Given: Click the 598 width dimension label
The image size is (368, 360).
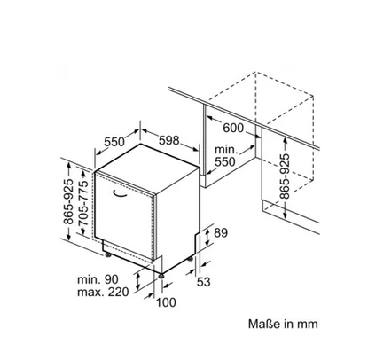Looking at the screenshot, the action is click(x=169, y=140).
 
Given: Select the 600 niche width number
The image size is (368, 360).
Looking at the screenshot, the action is click(x=233, y=128).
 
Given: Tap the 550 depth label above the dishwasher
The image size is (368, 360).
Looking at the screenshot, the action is click(x=114, y=142).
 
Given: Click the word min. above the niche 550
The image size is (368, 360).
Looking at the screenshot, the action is click(x=226, y=150).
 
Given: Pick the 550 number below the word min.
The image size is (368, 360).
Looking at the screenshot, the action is click(x=225, y=162).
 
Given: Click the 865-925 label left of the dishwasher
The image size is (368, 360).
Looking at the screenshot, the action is click(x=68, y=201).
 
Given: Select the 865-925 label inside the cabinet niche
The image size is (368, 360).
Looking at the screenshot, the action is click(x=285, y=176).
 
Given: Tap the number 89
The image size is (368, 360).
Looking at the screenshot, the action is click(x=221, y=233).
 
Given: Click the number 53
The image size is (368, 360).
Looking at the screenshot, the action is click(x=204, y=282).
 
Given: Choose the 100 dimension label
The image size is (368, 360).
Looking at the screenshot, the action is click(x=166, y=302).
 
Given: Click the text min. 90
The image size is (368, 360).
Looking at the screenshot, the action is click(x=98, y=279).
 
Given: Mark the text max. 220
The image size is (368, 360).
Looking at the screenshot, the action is click(x=103, y=292).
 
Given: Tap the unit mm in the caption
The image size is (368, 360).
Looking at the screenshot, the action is click(x=308, y=325).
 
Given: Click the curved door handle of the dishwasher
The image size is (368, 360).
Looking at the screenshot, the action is click(x=120, y=193).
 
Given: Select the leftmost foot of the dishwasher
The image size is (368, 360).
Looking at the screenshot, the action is click(x=108, y=254).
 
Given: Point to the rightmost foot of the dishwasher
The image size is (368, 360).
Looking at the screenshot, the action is click(x=190, y=259).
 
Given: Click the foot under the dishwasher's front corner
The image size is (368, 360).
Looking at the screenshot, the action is click(x=161, y=276).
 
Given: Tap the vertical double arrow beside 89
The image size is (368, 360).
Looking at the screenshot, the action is click(x=207, y=238).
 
